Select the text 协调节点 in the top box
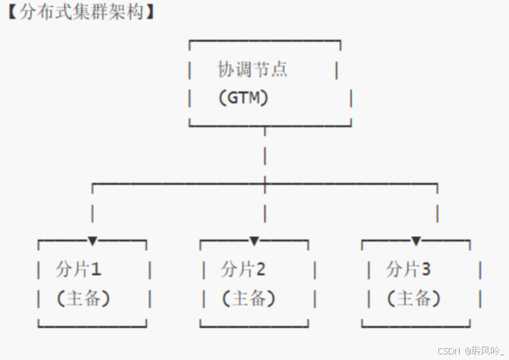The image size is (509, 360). click(x=253, y=70)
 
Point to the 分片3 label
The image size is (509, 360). click(x=408, y=269)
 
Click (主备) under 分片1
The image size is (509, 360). click(x=83, y=299)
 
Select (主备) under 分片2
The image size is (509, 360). click(x=248, y=299)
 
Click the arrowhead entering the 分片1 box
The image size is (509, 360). click(x=93, y=240)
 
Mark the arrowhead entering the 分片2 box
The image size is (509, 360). click(x=254, y=240)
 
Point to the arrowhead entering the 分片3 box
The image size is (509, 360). click(x=416, y=240)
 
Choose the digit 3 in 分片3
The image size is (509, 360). click(x=426, y=269)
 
